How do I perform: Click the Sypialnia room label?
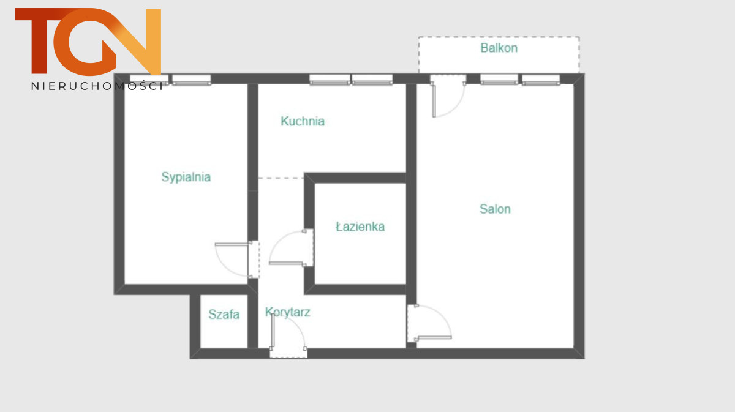(186, 177)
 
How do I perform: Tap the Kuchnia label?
(303, 121)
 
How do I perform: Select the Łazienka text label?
(360, 227)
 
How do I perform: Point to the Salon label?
(495, 209)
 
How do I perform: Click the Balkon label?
(499, 48)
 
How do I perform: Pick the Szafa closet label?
(224, 314)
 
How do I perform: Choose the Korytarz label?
(287, 312)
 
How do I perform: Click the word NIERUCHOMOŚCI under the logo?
(97, 86)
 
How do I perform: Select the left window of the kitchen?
(330, 80)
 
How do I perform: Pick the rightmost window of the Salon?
(541, 80)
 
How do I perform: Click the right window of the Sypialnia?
(192, 80)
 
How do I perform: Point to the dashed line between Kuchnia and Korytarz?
(281, 178)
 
